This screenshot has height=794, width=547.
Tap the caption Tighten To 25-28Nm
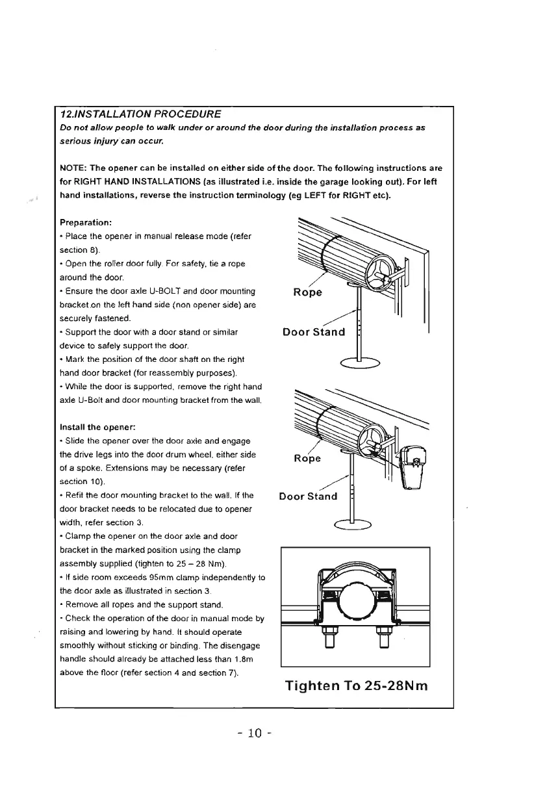point(355,686)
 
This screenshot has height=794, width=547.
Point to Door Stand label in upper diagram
point(314,333)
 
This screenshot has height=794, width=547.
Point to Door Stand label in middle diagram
point(308,497)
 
